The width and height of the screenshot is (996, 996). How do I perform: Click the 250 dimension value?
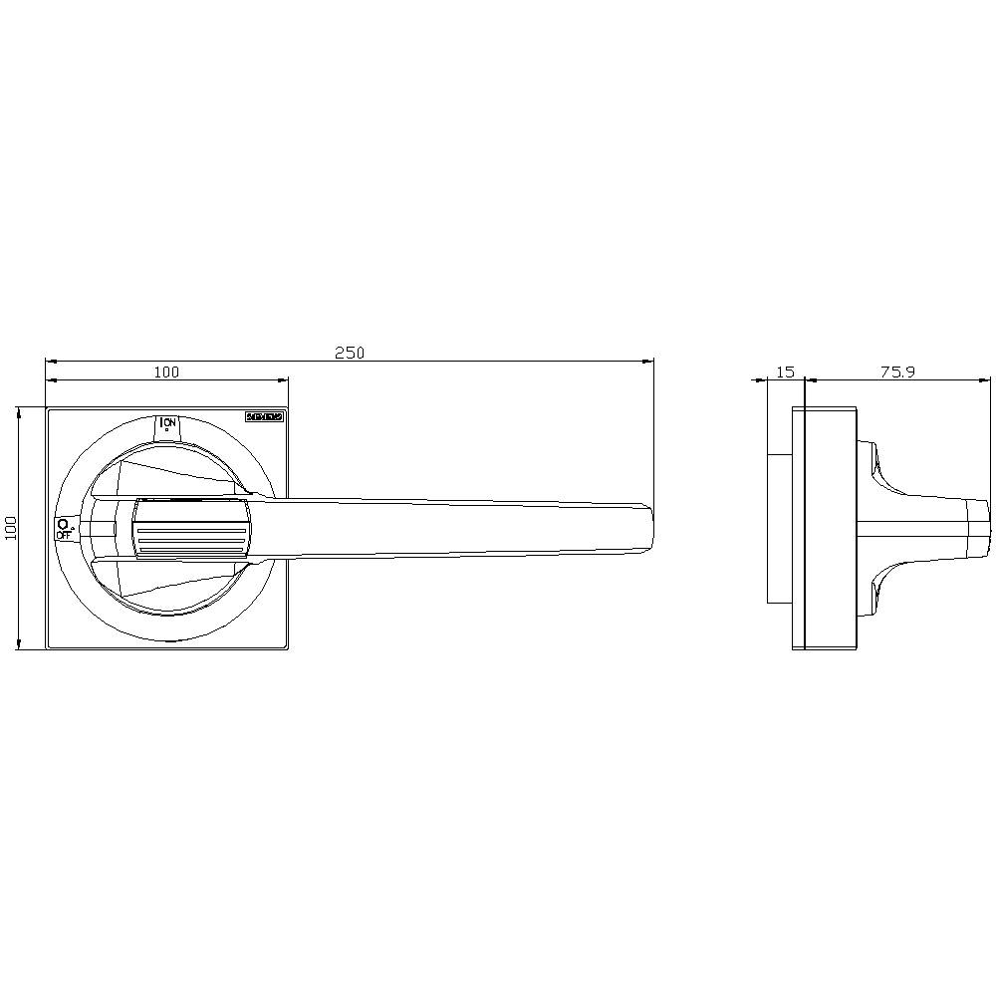click(x=350, y=353)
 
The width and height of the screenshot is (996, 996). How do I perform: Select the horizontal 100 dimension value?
click(x=166, y=372)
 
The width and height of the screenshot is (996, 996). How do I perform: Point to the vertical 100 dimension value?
click(x=11, y=528)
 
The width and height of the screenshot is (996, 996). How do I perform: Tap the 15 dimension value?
click(x=785, y=372)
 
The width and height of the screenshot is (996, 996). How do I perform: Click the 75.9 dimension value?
click(x=897, y=372)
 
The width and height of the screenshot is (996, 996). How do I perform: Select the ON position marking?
click(x=168, y=424)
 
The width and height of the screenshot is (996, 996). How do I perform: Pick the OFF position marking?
click(x=64, y=528)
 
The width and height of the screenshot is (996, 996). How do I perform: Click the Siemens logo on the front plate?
click(x=265, y=418)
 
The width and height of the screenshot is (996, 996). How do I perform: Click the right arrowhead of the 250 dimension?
click(x=648, y=362)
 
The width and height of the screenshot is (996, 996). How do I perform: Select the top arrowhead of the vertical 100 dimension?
click(x=19, y=411)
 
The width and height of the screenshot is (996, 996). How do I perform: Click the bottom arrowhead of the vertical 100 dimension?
click(x=19, y=644)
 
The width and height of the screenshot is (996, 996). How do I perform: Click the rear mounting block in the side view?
click(x=779, y=528)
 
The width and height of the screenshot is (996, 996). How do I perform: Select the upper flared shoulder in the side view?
click(x=886, y=468)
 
